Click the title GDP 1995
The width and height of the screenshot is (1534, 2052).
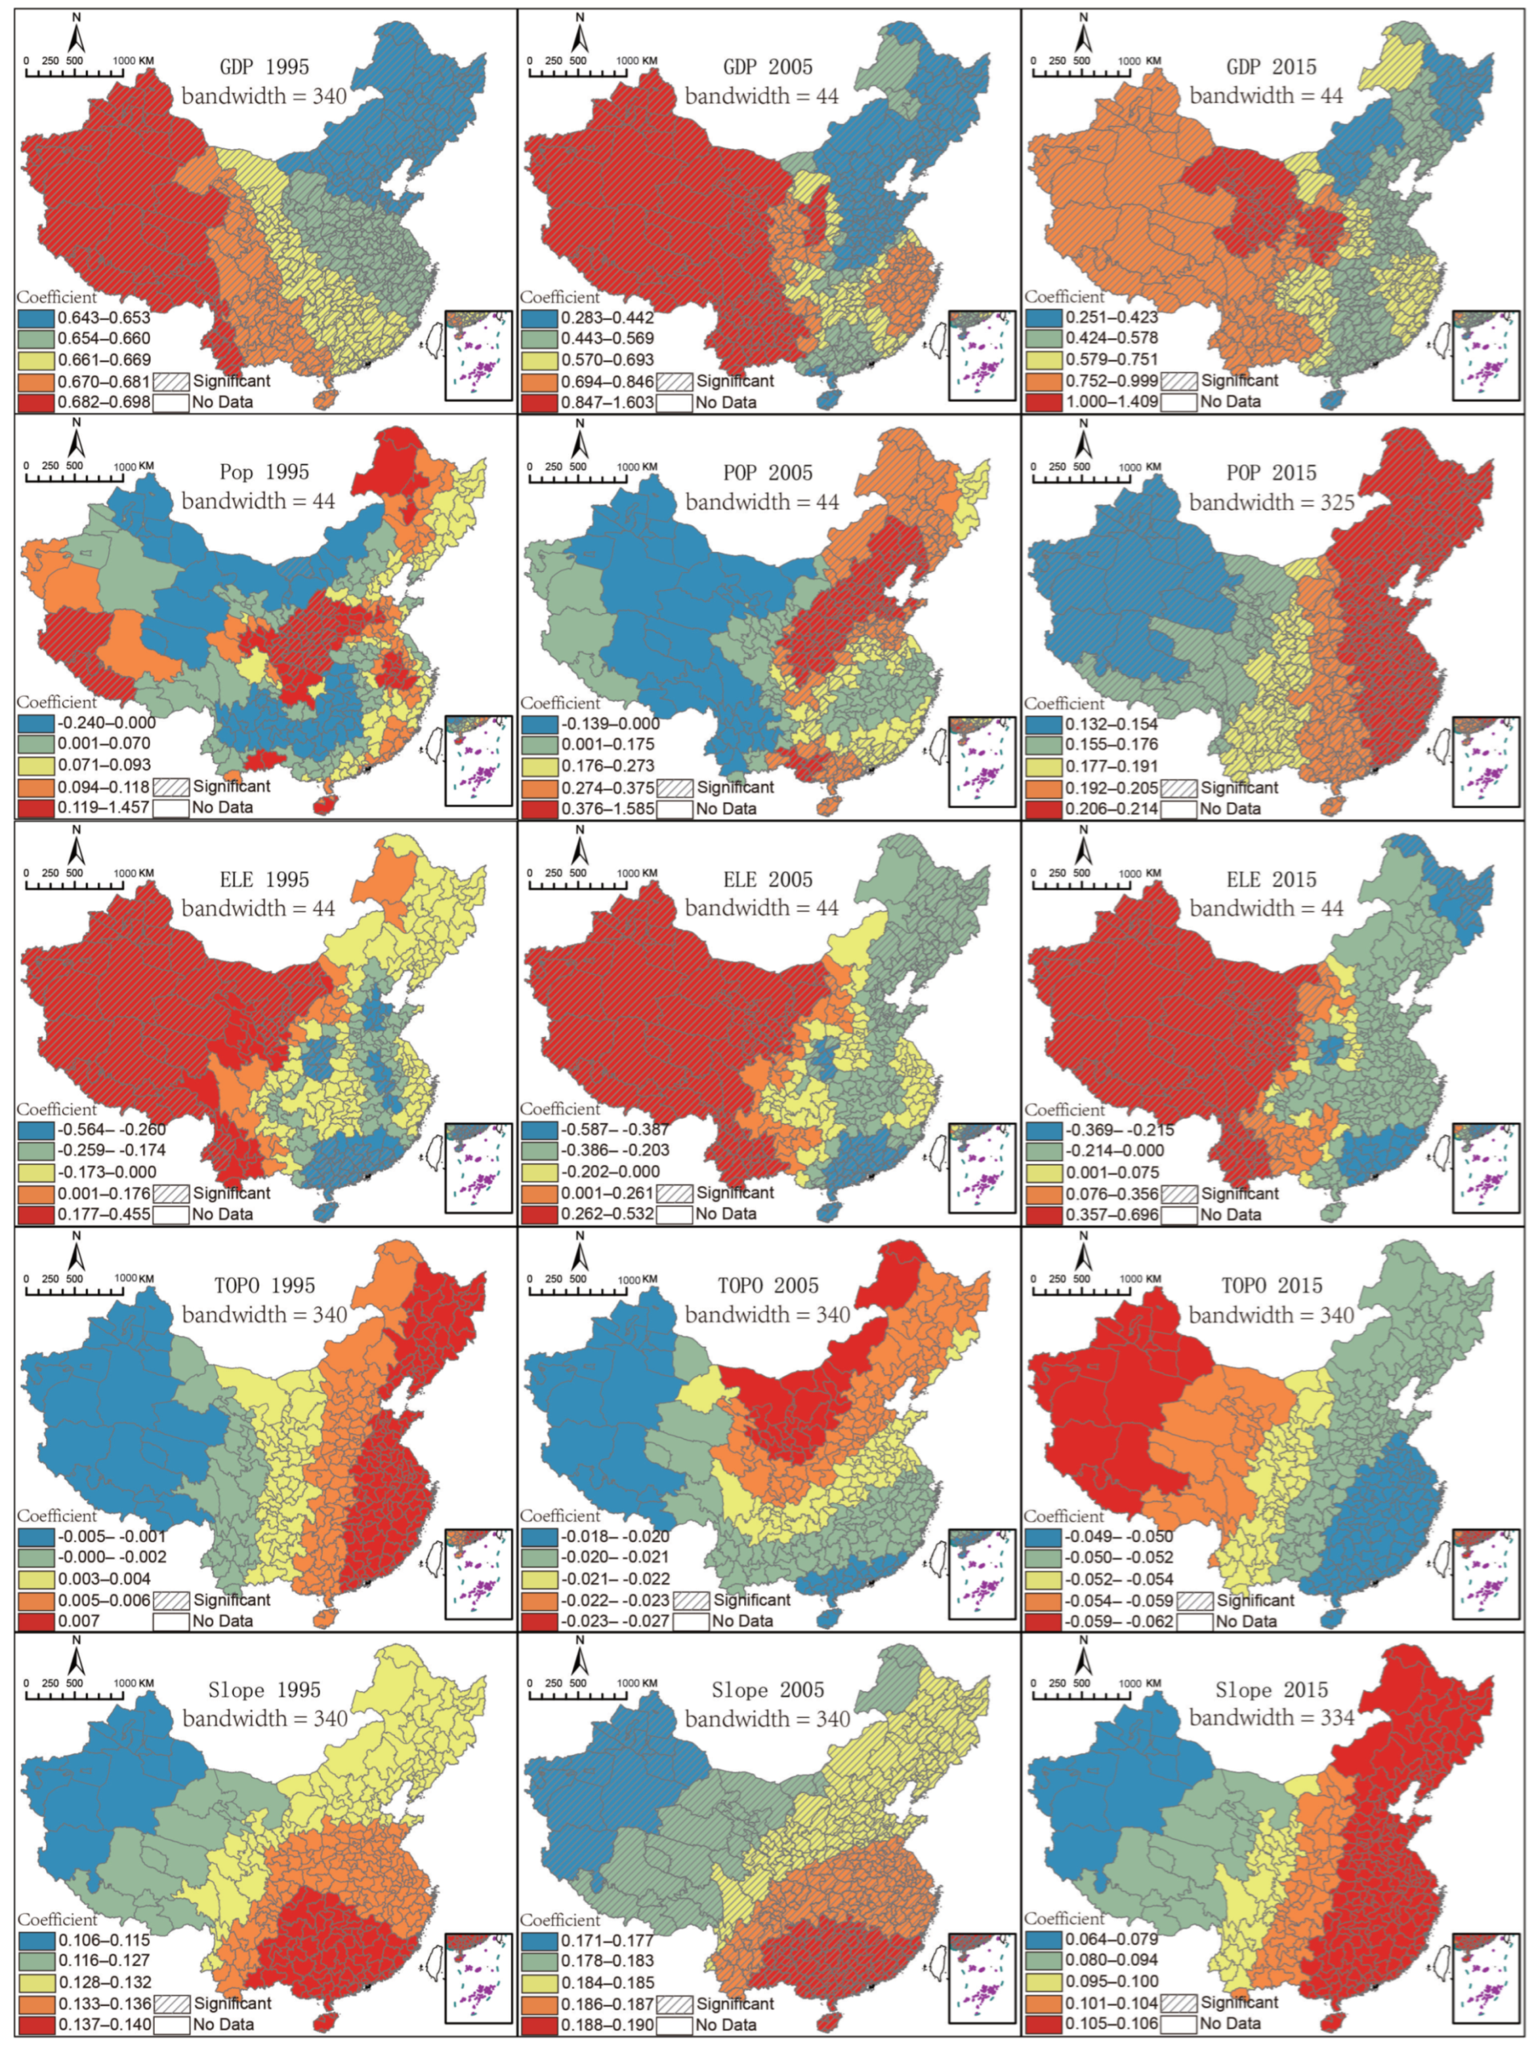pyautogui.click(x=264, y=67)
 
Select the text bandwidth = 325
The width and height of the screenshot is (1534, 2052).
pyautogui.click(x=1272, y=503)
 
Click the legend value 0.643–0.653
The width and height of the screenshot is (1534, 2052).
pyautogui.click(x=103, y=318)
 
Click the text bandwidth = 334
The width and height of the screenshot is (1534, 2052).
pyautogui.click(x=1272, y=1718)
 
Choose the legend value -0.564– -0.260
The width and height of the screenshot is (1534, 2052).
pyautogui.click(x=112, y=1129)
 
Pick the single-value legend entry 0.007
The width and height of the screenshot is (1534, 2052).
pyautogui.click(x=79, y=1620)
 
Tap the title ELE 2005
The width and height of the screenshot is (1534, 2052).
pyautogui.click(x=768, y=880)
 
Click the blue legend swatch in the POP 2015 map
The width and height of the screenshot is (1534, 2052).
pyautogui.click(x=1044, y=724)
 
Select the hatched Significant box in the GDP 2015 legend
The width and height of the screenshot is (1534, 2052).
pyautogui.click(x=1178, y=380)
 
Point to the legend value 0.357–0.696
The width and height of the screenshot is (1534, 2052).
pyautogui.click(x=1111, y=1214)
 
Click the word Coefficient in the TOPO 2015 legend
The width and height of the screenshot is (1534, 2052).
pyautogui.click(x=1064, y=1516)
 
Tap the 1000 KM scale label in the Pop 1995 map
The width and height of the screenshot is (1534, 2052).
pyautogui.click(x=134, y=466)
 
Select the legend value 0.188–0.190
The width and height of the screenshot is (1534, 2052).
pyautogui.click(x=607, y=2024)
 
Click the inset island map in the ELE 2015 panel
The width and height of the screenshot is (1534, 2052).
pyautogui.click(x=1485, y=1167)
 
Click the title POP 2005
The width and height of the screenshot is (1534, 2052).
pyautogui.click(x=768, y=473)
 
